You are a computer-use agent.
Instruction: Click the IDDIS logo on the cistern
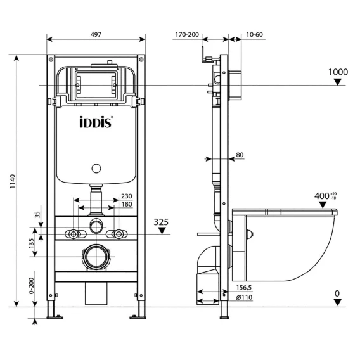pos(96,122)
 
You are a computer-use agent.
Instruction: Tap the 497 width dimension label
pos(96,34)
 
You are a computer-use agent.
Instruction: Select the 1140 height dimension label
pos(13,181)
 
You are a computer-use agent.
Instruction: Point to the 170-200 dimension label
pos(187,35)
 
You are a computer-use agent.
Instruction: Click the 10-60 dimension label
pos(254,35)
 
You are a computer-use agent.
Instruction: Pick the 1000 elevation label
pos(338,72)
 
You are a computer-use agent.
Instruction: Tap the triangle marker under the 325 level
pos(162,231)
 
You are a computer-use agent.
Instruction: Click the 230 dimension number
pos(127,196)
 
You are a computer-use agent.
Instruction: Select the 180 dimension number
pos(127,204)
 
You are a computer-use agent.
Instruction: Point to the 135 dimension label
pos(31,243)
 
